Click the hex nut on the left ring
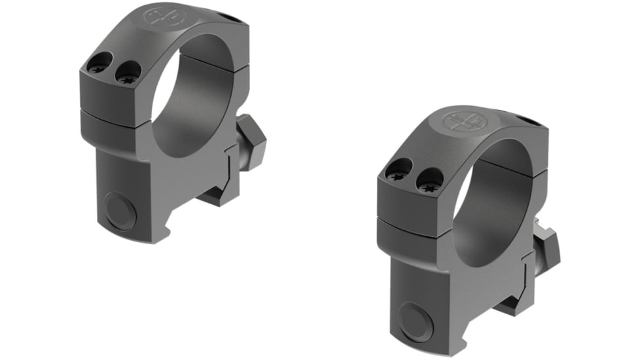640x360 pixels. [253, 142]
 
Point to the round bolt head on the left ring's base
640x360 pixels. [121, 210]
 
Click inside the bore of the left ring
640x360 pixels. [196, 98]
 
